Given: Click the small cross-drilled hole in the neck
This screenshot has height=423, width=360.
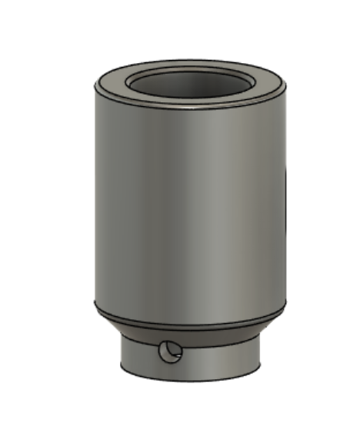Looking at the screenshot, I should click(x=169, y=353).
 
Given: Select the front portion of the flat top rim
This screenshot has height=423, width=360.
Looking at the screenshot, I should click(x=189, y=99).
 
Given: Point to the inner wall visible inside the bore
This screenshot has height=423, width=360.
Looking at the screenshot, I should click(x=189, y=79).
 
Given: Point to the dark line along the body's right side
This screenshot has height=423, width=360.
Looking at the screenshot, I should click(x=284, y=192).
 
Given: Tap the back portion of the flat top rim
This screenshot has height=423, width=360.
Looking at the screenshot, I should click(x=189, y=65).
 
